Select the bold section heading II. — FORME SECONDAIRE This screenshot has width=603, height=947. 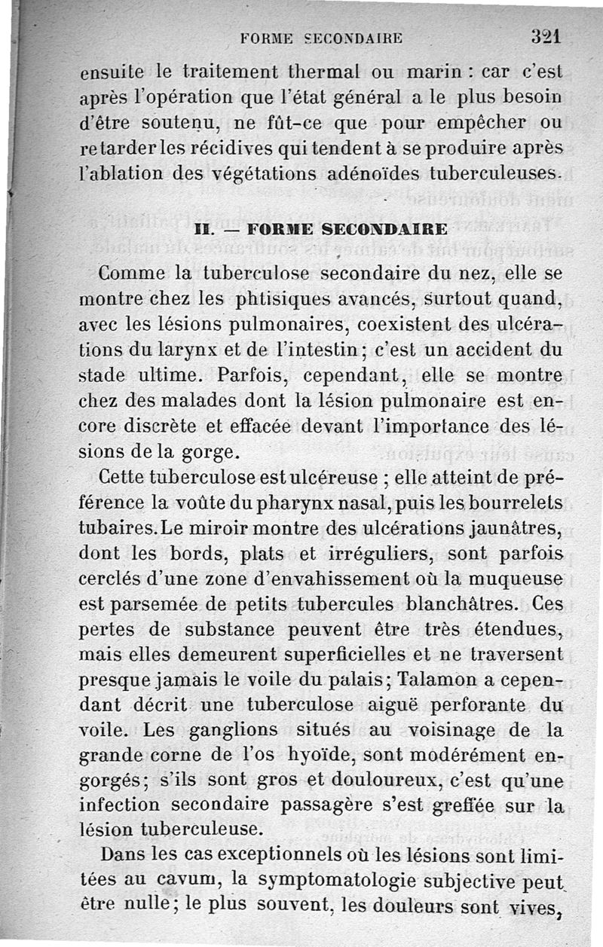pos(321,229)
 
